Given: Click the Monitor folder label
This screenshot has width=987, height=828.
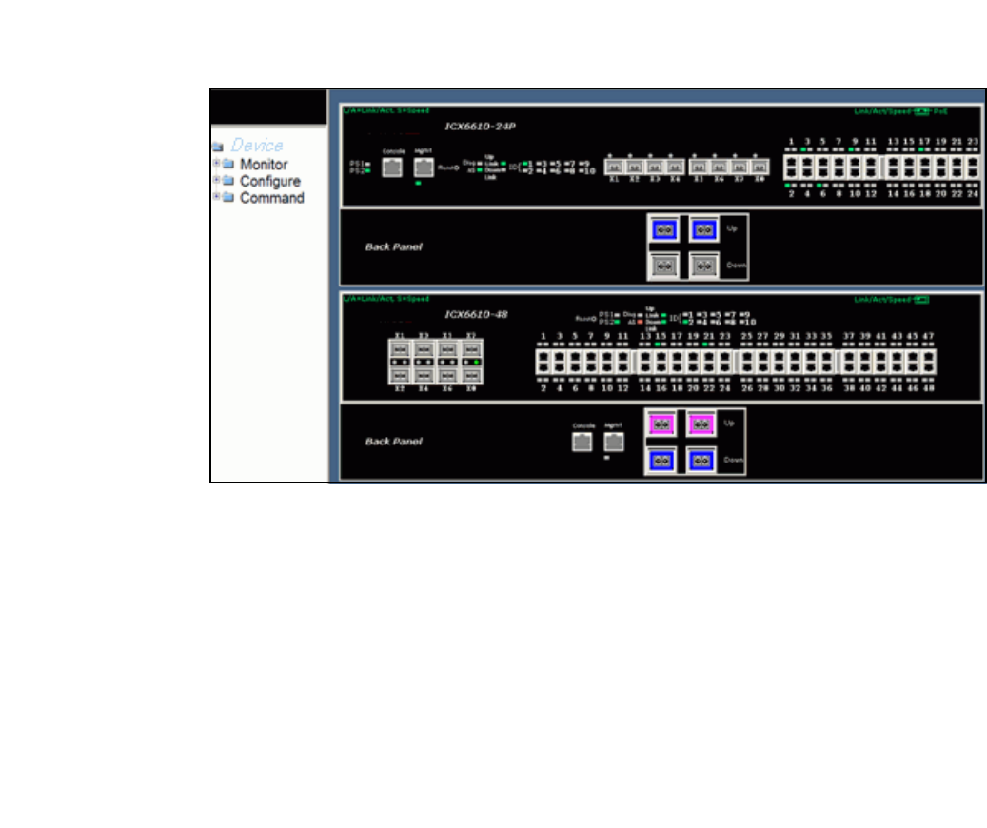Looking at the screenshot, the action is (x=264, y=165).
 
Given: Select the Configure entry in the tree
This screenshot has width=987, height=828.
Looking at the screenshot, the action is (x=269, y=181).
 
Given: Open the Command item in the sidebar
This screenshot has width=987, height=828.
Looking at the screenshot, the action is (x=271, y=198).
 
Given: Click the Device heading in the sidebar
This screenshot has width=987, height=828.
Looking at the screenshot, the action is (x=257, y=146).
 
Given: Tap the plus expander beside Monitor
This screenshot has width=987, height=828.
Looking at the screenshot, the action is (x=216, y=164).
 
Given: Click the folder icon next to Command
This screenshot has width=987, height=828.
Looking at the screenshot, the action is (x=227, y=198).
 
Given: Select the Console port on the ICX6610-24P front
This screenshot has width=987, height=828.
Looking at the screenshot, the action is (x=393, y=168).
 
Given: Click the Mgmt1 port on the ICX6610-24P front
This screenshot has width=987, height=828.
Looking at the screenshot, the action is (x=424, y=168).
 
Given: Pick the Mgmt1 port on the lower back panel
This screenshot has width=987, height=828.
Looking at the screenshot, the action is (x=614, y=442).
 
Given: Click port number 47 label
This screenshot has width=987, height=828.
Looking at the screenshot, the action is (x=928, y=337).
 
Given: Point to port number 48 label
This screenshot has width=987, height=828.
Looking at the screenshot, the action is (x=928, y=388).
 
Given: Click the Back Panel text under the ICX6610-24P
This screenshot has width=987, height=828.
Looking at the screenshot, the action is (x=393, y=246).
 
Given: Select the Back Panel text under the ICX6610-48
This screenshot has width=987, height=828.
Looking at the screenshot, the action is (x=393, y=442).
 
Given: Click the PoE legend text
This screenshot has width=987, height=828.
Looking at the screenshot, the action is (x=940, y=111).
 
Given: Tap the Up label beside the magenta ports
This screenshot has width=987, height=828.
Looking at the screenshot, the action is (x=729, y=422).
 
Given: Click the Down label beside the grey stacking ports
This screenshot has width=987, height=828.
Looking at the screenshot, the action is (x=734, y=266).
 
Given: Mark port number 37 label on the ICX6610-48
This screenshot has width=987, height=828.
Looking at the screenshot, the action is (x=848, y=337).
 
